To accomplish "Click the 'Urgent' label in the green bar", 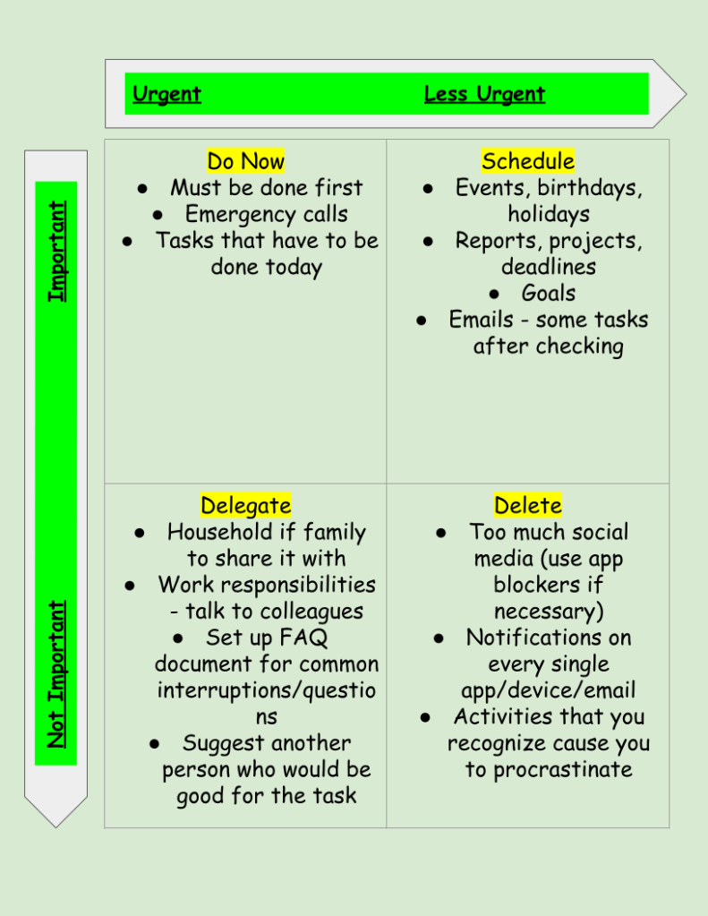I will tap(166, 94).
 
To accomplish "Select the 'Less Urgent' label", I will tap(484, 94).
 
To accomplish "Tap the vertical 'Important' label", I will tap(57, 252).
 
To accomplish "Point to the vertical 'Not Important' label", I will tap(57, 674).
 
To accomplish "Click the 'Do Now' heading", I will tap(245, 161).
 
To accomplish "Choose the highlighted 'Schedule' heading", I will tap(528, 161).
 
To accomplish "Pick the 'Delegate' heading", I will tap(245, 505).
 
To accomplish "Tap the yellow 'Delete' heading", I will tap(528, 505).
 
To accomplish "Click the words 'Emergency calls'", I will tap(267, 214).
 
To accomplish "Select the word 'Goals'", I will tap(549, 293).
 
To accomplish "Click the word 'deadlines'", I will tap(549, 267).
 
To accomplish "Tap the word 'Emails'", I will tap(482, 320).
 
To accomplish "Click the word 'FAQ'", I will tap(303, 638).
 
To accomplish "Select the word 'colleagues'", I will tap(312, 612).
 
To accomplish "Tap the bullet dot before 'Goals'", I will tap(495, 294).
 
